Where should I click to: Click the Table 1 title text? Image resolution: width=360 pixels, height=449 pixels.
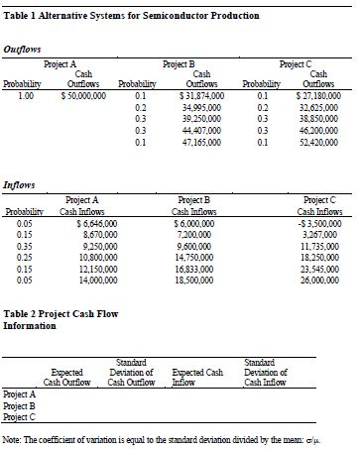coord(133,16)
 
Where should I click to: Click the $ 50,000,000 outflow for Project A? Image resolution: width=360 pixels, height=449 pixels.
coord(76,96)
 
